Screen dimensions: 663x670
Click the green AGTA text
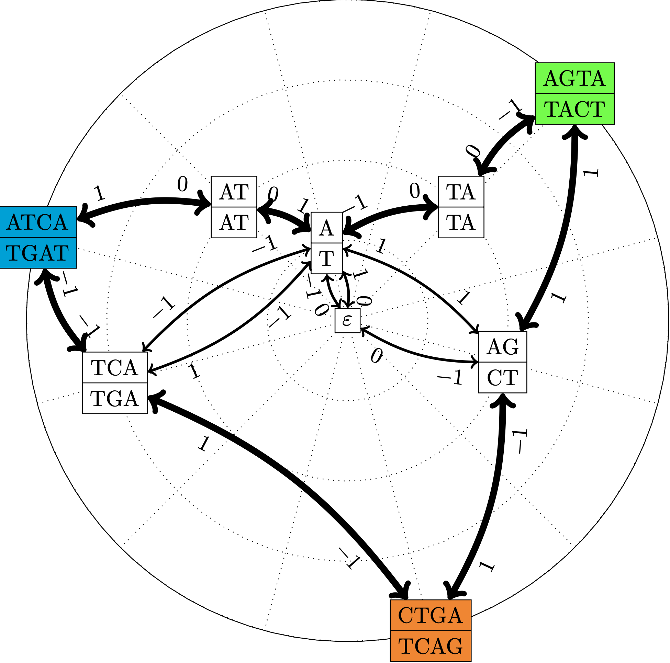(x=574, y=78)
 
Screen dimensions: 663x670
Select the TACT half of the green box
(x=574, y=109)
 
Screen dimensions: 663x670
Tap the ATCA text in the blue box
(x=37, y=222)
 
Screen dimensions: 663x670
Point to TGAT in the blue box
(x=37, y=253)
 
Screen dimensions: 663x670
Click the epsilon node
(x=347, y=321)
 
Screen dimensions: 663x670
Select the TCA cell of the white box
(x=114, y=368)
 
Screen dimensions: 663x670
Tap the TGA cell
(x=114, y=399)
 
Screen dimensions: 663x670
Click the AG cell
(x=502, y=347)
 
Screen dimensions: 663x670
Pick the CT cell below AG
(x=502, y=378)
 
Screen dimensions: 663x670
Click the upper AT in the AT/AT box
(x=234, y=192)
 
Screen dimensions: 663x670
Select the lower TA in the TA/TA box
(x=461, y=222)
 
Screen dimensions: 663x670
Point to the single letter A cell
(x=327, y=228)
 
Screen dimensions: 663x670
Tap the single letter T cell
(x=327, y=258)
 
